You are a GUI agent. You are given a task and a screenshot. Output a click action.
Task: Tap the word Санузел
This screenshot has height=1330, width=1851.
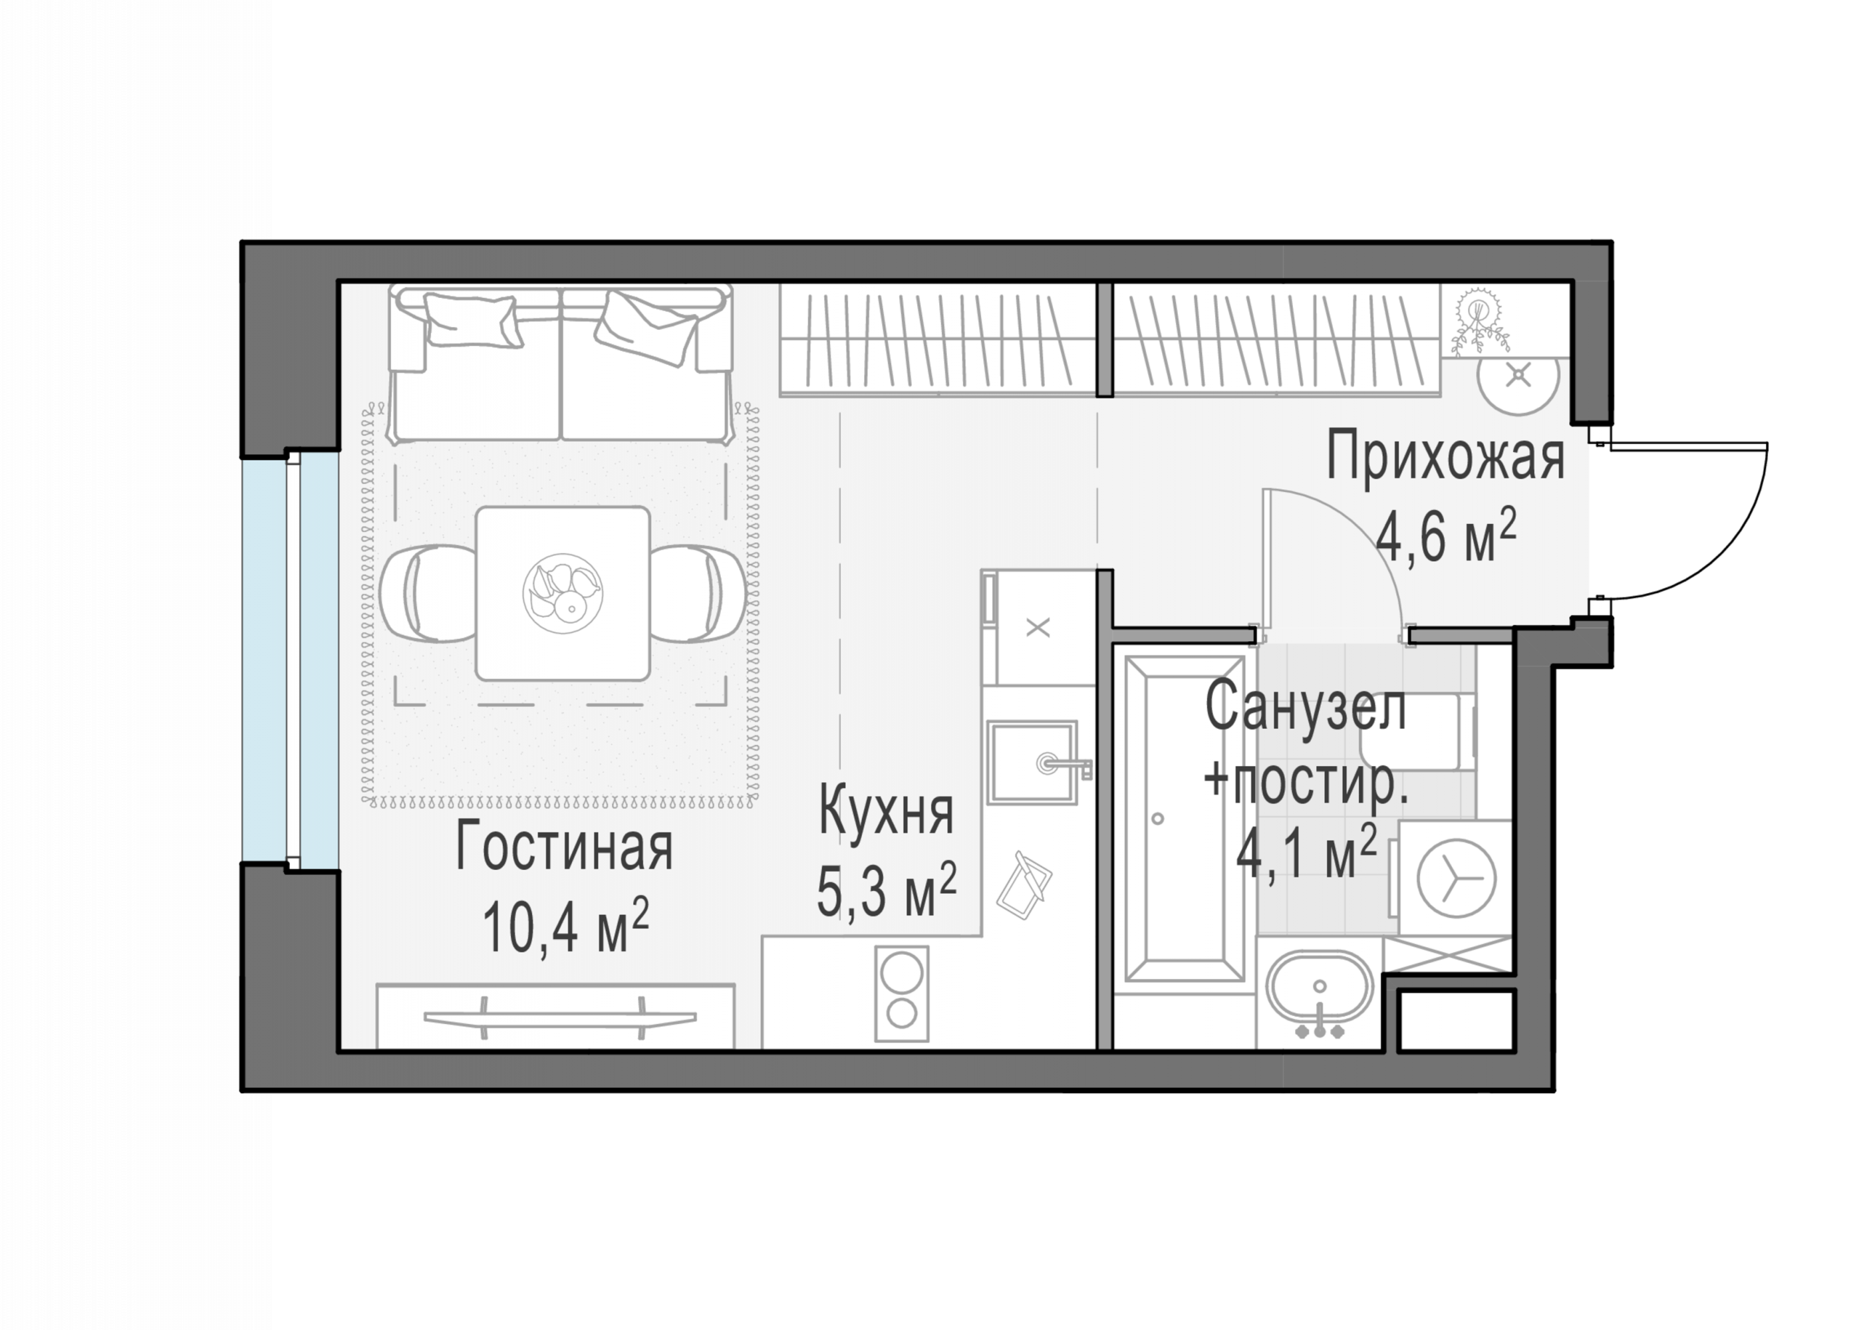pyautogui.click(x=1306, y=708)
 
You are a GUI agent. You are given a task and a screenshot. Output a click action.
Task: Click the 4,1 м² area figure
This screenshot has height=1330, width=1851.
pyautogui.click(x=1307, y=852)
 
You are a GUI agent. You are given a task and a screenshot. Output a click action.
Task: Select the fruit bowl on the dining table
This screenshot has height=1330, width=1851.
pyautogui.click(x=563, y=593)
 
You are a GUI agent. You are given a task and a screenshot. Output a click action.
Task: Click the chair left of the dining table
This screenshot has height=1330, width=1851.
pyautogui.click(x=428, y=593)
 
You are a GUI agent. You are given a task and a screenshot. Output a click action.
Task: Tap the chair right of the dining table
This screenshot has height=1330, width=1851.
pyautogui.click(x=698, y=593)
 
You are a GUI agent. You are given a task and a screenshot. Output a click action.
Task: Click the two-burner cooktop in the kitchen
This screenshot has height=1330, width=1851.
pyautogui.click(x=902, y=994)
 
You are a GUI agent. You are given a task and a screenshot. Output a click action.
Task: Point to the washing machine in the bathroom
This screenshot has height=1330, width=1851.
pyautogui.click(x=1456, y=878)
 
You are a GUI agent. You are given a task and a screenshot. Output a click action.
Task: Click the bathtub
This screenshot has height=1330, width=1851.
pyautogui.click(x=1184, y=819)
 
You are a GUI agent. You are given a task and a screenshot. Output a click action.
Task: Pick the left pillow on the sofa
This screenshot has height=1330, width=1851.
pyautogui.click(x=472, y=321)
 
